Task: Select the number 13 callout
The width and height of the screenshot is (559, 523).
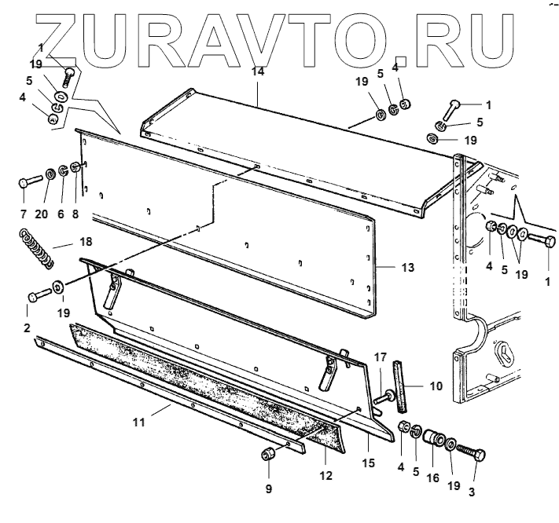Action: point(407,268)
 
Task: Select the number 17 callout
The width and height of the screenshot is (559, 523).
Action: point(381,357)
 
